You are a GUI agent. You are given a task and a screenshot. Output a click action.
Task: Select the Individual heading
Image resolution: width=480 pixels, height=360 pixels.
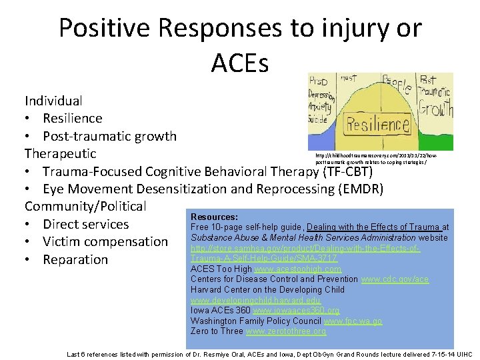[x=54, y=101]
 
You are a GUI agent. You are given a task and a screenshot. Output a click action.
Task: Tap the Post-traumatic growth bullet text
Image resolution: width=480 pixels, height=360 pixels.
[x=109, y=136]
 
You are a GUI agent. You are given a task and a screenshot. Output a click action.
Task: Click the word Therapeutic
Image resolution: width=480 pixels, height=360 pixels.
[x=61, y=154]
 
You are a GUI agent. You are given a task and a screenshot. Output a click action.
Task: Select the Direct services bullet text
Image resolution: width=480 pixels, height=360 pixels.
[x=85, y=224]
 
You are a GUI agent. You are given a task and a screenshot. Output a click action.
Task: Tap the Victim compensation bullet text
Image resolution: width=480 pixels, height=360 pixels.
[x=105, y=242]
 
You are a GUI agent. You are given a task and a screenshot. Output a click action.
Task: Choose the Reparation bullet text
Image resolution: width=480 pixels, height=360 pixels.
[x=75, y=259]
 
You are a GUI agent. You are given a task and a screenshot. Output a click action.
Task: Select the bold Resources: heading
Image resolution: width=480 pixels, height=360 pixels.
[x=214, y=217]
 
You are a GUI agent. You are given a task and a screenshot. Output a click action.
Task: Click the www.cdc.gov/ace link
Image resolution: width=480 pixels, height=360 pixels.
[x=395, y=279]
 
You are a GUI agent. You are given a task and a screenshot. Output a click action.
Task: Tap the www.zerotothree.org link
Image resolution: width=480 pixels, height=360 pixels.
[x=286, y=331]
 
